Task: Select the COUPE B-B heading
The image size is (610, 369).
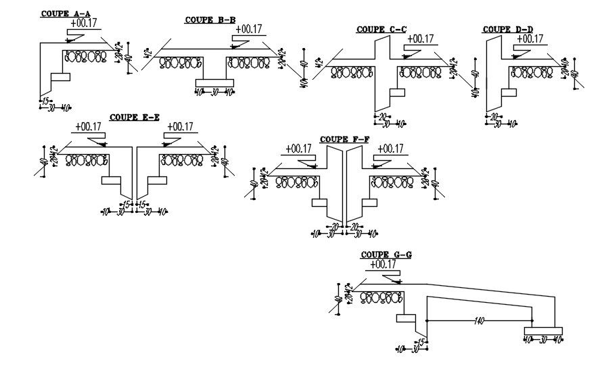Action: coord(210,20)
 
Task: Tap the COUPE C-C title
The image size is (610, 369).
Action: coord(381,29)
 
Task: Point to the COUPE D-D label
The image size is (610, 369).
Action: coord(507,29)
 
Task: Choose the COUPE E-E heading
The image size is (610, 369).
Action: coord(134,117)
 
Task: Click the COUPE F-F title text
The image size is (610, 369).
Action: coord(344,139)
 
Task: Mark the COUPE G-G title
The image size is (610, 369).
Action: coord(386,255)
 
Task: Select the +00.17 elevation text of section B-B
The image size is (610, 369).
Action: coord(248,29)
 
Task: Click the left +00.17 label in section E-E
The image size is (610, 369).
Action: coord(88,126)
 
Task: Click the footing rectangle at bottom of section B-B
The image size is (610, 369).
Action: coord(214,82)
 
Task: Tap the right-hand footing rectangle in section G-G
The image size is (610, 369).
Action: coord(542,330)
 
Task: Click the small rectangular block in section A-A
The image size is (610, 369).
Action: coord(60,77)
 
